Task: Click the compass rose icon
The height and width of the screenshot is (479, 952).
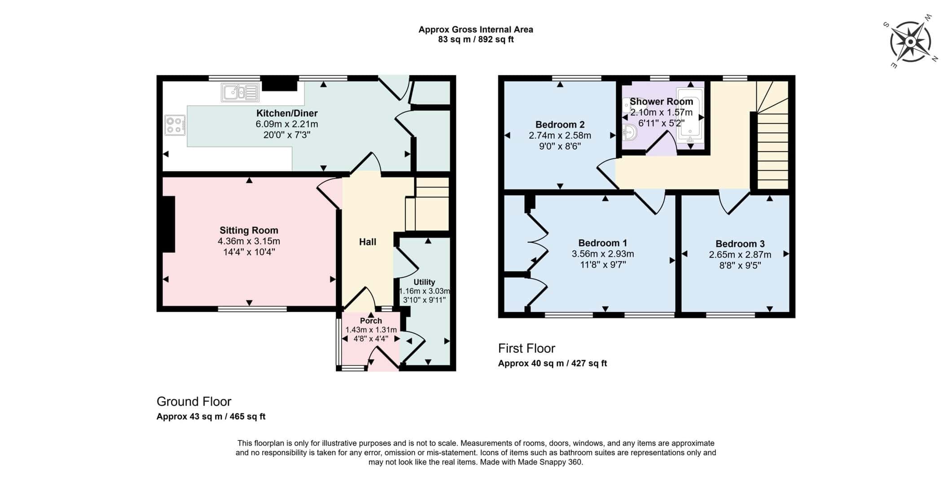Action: [910, 42]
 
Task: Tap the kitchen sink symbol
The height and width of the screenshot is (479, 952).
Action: [240, 92]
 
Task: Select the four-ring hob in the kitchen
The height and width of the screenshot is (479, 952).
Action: [175, 125]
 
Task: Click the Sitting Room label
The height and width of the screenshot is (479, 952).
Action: [249, 231]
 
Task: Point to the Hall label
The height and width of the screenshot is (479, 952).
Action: [368, 242]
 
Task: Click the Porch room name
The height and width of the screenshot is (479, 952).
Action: [371, 321]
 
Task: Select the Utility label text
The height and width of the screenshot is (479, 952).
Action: [424, 282]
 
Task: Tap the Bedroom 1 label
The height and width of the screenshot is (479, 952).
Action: [602, 243]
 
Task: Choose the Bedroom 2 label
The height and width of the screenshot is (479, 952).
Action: [560, 125]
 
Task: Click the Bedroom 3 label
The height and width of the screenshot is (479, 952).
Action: [740, 244]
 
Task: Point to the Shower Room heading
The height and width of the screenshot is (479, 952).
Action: [661, 102]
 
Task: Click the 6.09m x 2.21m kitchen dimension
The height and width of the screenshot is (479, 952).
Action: [287, 124]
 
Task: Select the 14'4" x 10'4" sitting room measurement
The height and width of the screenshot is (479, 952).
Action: [249, 252]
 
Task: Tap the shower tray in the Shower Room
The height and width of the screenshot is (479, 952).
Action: [690, 116]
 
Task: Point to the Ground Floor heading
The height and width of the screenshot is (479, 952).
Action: [194, 401]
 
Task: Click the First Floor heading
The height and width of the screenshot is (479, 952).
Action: [526, 348]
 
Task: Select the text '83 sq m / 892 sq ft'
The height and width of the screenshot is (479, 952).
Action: [476, 39]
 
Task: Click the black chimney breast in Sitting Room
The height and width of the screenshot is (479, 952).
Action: [168, 224]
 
